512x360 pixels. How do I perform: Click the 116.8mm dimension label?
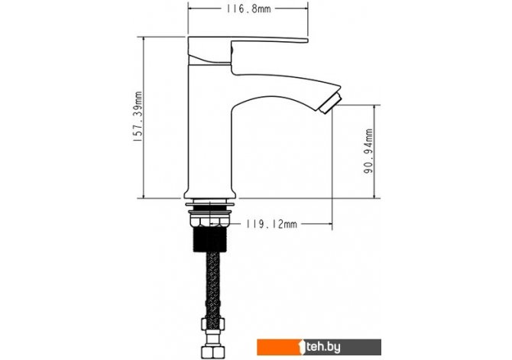249,9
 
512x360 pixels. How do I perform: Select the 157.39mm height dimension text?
138,117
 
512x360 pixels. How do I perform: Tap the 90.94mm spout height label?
368,151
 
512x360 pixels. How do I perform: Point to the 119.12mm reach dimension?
271,224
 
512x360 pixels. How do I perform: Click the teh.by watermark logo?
319,347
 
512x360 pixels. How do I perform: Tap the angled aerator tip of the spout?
330,102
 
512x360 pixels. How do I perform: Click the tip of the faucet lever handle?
306,41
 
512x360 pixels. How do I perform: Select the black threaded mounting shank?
210,239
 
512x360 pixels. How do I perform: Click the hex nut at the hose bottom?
212,352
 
